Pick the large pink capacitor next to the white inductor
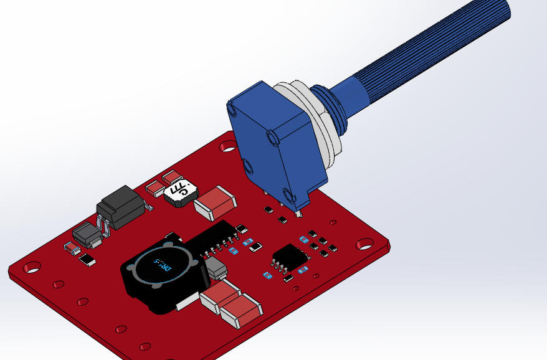pyautogui.click(x=215, y=201)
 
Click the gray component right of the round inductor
pyautogui.click(x=216, y=269)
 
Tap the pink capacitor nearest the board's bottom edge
pyautogui.click(x=240, y=310)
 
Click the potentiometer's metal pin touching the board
pyautogui.click(x=300, y=213)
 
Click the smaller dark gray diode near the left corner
pyautogui.click(x=87, y=235)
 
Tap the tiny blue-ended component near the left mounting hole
pyautogui.click(x=72, y=249)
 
